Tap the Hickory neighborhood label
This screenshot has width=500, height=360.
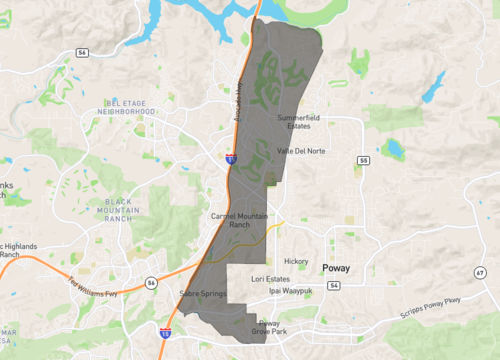pos(297,261)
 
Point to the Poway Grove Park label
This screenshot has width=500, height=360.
pos(268,326)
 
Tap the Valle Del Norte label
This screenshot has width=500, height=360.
pos(301,151)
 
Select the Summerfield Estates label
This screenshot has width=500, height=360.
pos(303,121)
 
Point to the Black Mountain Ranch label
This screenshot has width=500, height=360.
pos(118,209)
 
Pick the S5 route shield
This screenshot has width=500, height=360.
pos(363,160)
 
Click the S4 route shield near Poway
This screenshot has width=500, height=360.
pos(332,285)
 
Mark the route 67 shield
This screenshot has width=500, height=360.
pos(481,272)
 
